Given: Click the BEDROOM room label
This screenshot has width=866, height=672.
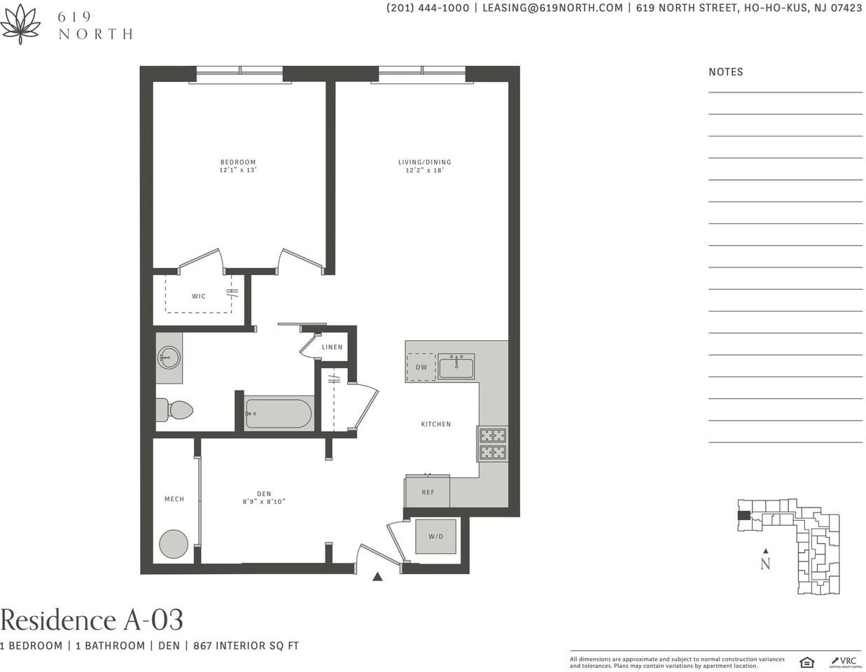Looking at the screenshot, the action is coord(237,162).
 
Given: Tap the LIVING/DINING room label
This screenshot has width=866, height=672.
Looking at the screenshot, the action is coord(424,162).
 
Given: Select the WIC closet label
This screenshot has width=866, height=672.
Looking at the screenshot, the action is coord(199,296).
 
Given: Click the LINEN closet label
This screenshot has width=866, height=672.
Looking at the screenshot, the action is coord(332,347).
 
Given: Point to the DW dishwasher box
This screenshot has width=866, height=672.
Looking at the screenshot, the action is coord(421,367).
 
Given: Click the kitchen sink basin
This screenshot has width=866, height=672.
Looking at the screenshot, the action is coord(456,367).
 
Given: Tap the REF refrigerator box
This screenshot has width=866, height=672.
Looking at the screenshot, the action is coord(427,491).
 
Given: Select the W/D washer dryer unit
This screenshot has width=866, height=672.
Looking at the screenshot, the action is coord(435,536).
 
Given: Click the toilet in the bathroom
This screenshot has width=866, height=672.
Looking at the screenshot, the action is coord(174,409).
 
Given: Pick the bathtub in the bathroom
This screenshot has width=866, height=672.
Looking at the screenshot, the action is coord(278,414).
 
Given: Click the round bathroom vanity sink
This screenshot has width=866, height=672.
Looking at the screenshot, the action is coord(169,357).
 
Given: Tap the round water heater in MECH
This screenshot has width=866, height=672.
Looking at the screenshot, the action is coord(174,544).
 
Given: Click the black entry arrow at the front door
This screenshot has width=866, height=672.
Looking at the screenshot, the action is coord(377,576).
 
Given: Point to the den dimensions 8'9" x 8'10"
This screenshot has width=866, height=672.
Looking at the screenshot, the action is coord(264,501).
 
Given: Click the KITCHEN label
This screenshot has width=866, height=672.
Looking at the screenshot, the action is coord(436,424).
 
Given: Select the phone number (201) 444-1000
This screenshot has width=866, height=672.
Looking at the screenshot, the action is coord(428,8).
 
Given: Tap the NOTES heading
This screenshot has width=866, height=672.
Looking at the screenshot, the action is coord(726,72).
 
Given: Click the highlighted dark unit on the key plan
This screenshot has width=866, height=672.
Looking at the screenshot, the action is coord(743,515).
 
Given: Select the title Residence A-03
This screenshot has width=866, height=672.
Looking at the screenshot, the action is coord(92,619).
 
